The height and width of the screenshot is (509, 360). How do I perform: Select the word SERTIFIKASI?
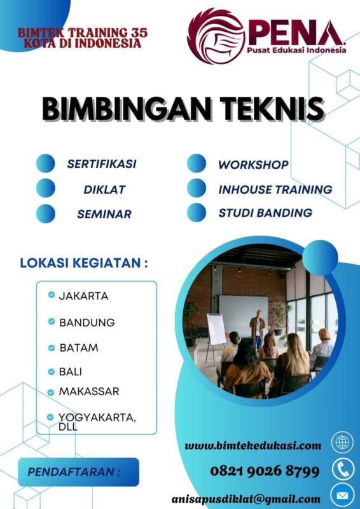102,164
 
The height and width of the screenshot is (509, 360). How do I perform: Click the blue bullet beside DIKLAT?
46,188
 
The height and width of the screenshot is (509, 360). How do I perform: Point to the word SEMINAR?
104,214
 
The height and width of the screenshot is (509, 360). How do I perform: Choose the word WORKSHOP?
253,164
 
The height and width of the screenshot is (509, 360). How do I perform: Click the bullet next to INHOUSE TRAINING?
197,188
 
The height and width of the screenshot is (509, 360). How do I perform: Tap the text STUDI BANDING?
265,213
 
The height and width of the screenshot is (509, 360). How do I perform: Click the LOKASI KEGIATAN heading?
88,262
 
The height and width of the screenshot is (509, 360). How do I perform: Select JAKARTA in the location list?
83,296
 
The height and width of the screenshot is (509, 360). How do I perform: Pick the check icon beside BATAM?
51,347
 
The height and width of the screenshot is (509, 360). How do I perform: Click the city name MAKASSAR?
89,391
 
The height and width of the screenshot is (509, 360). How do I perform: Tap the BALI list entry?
71,371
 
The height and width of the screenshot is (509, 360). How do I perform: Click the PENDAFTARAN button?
78,473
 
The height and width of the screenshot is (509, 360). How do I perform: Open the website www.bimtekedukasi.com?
253,445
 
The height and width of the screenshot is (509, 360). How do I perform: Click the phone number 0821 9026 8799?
265,471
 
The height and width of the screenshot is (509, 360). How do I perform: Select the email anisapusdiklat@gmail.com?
246,499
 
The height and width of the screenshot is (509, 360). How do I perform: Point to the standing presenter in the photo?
257,328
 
